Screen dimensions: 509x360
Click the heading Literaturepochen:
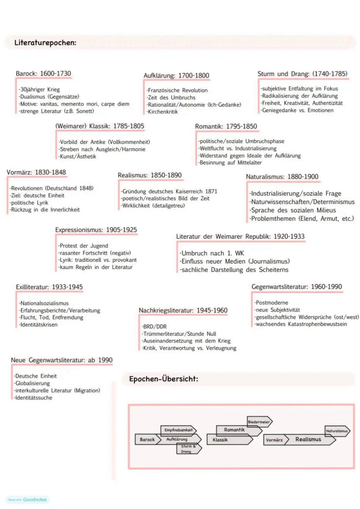(45, 43)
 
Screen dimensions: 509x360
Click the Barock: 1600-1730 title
(43, 74)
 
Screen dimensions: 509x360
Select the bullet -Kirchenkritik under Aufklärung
(162, 112)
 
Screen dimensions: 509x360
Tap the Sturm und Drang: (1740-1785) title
(302, 74)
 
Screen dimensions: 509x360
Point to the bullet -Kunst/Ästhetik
(77, 157)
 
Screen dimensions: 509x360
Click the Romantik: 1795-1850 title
(226, 127)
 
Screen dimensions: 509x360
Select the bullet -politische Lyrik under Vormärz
(29, 203)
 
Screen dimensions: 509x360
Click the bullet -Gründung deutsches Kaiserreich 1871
(169, 191)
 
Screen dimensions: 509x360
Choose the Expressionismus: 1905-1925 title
(96, 230)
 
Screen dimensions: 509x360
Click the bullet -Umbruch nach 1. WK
(212, 253)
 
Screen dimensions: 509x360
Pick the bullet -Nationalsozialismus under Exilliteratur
(44, 303)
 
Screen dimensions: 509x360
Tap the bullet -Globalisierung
(32, 383)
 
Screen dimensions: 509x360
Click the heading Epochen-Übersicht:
(163, 379)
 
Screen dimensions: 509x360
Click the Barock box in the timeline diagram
(147, 440)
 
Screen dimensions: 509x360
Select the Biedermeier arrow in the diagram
(259, 422)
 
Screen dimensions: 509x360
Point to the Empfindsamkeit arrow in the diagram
(179, 430)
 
